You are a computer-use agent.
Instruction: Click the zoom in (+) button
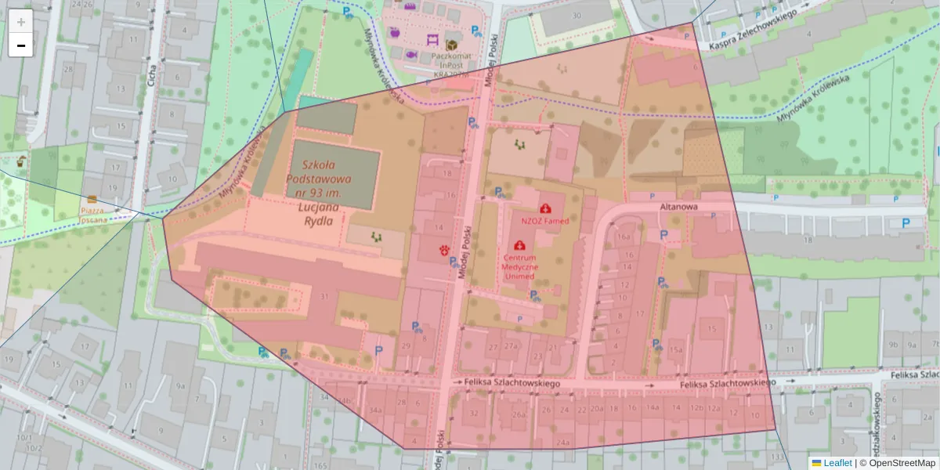(x=21, y=22)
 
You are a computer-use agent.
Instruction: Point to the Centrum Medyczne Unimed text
(x=519, y=266)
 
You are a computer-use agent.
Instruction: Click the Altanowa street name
(x=678, y=207)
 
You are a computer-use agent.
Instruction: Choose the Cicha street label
(x=151, y=77)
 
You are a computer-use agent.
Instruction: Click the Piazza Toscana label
(x=92, y=215)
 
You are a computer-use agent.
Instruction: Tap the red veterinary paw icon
(x=444, y=251)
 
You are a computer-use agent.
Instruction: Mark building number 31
(x=324, y=296)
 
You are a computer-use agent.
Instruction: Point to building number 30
(x=577, y=16)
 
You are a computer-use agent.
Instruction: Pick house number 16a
(x=624, y=236)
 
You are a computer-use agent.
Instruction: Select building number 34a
(x=375, y=410)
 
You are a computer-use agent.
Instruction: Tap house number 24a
(x=562, y=443)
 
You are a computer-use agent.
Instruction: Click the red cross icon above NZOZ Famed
(x=545, y=208)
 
